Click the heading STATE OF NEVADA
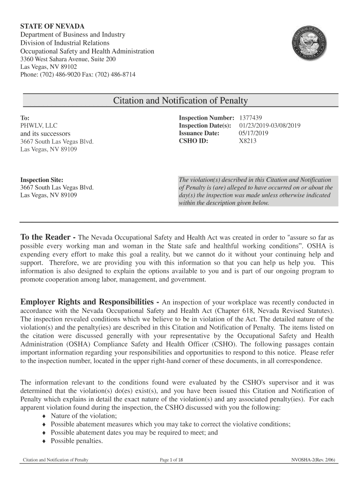point(52,26)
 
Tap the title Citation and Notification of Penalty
point(180,101)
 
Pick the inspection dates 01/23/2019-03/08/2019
point(270,125)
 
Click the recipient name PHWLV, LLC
point(39,125)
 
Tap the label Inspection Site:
point(42,180)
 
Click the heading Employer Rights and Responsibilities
point(88,302)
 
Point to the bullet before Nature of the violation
point(44,416)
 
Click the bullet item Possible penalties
point(77,441)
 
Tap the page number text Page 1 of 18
point(172,460)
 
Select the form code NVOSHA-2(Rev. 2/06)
point(313,460)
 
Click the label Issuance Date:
point(199,133)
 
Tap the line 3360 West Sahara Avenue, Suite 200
point(68,59)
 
